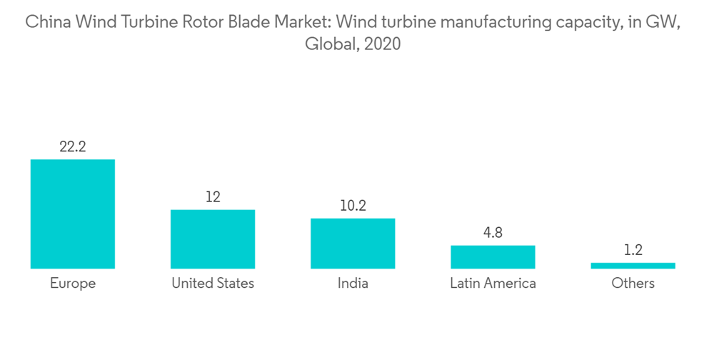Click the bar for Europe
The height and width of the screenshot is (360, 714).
point(73,214)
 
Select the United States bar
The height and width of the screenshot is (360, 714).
point(213,239)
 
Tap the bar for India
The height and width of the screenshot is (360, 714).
point(353,243)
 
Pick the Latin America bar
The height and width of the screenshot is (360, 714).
point(493,256)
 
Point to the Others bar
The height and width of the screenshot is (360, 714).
point(633,266)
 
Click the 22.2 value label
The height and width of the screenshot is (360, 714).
point(73,147)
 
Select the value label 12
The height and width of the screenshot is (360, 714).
point(213,197)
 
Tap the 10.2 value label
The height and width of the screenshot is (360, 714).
point(353,206)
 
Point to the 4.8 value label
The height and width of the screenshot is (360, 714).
point(493,233)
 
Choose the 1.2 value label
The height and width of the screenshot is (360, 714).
point(633,250)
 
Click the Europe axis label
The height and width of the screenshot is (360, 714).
point(73,284)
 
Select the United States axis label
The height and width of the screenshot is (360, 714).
point(213,284)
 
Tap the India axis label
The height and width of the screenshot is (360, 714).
point(353,284)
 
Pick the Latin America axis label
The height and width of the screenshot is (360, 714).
point(493,284)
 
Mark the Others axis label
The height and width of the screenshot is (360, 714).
point(633,284)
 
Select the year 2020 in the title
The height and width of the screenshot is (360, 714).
point(382,44)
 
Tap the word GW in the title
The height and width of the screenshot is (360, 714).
point(663,22)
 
